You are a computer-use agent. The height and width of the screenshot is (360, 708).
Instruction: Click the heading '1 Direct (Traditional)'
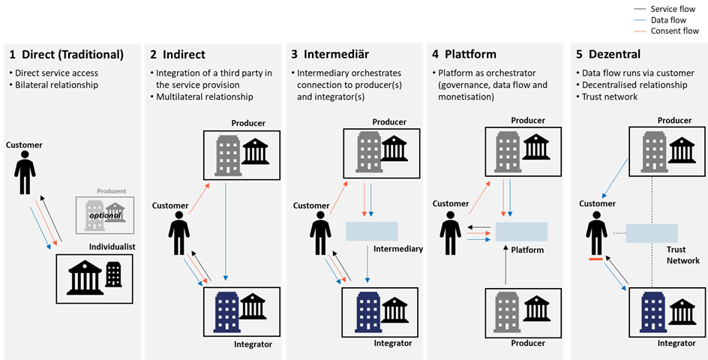point(66,55)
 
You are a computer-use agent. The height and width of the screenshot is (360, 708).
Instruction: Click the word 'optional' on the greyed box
point(105,214)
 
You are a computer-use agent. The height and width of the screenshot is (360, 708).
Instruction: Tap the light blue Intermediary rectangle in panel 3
point(371,232)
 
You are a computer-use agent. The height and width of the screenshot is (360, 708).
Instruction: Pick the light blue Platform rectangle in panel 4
point(521,231)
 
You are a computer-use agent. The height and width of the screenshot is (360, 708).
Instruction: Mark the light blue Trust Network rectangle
point(651,232)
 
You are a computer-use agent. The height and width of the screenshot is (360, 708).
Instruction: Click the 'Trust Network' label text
point(682,255)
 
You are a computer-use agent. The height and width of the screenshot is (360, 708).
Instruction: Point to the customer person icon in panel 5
point(597,233)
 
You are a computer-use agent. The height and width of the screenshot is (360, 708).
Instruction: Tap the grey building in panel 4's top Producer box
point(506,148)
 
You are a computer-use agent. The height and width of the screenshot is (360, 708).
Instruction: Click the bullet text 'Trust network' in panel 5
point(610,97)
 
